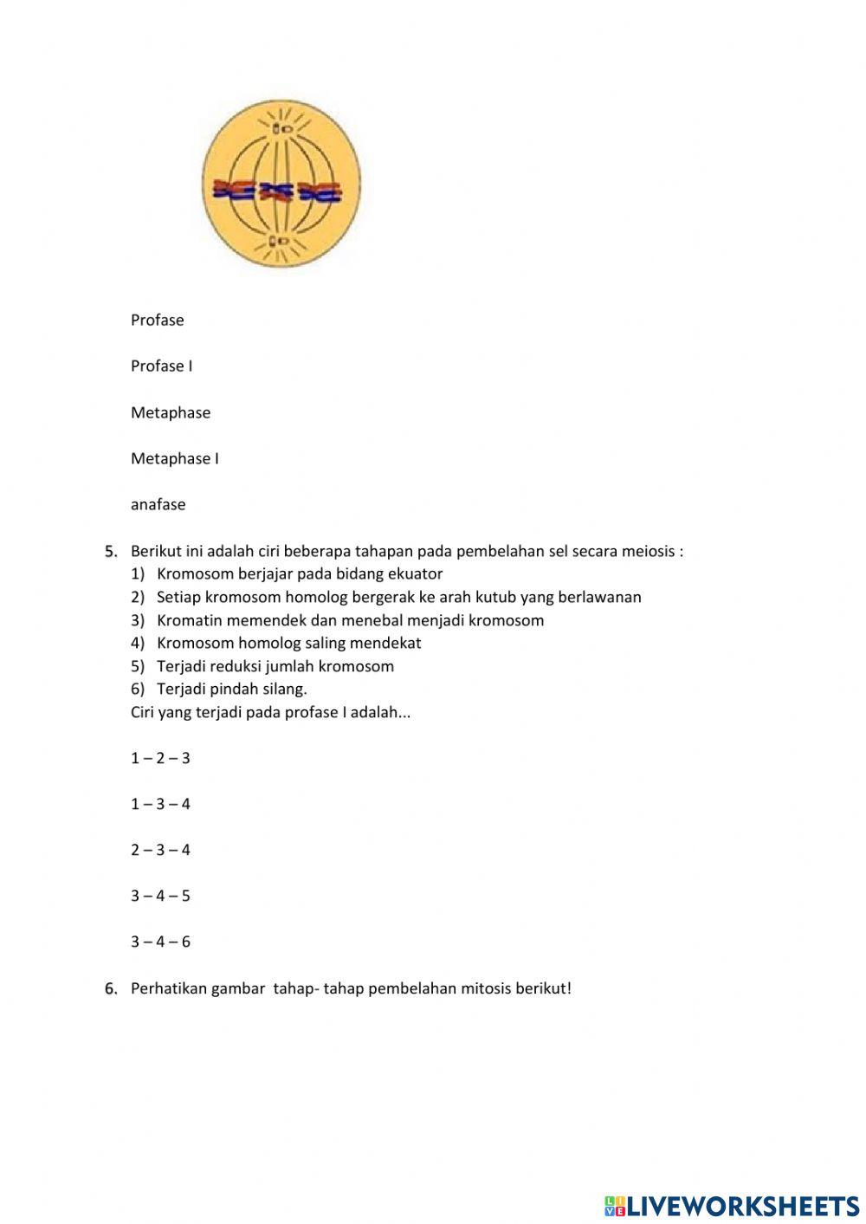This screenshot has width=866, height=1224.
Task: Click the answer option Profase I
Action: pos(161,366)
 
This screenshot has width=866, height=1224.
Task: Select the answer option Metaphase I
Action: pos(174,458)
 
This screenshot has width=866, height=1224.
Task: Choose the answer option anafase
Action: pos(158,504)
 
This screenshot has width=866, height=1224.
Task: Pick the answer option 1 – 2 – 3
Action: pos(160,758)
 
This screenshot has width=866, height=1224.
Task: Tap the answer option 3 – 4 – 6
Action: pos(160,942)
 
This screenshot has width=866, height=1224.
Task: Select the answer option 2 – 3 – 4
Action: pos(160,850)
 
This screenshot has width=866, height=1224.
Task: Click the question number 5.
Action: pos(111,551)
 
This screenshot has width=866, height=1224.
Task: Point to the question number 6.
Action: pos(111,988)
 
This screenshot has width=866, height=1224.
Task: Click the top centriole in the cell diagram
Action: pos(281,129)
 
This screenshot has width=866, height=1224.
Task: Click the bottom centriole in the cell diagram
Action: pos(280,241)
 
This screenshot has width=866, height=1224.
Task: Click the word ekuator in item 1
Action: pos(415,573)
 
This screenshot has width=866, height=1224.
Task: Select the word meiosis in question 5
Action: pos(648,551)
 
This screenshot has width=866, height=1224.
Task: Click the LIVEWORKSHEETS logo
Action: pos(731,1205)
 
